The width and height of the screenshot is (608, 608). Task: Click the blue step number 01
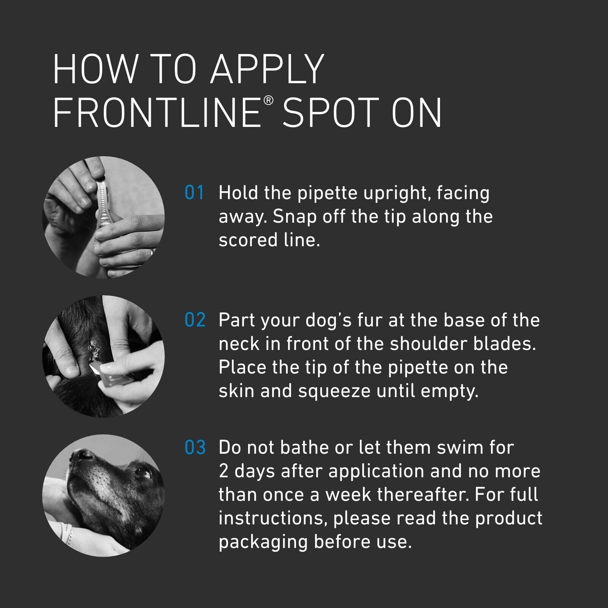point(195,193)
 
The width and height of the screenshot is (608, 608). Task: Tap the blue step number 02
point(195,320)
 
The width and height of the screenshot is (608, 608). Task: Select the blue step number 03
point(195,448)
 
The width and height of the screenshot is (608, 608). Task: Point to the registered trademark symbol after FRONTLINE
point(268,101)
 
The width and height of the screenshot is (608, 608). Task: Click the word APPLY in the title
point(267,70)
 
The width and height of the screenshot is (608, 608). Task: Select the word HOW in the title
point(95,70)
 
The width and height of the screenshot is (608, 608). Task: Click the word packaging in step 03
point(263,542)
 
